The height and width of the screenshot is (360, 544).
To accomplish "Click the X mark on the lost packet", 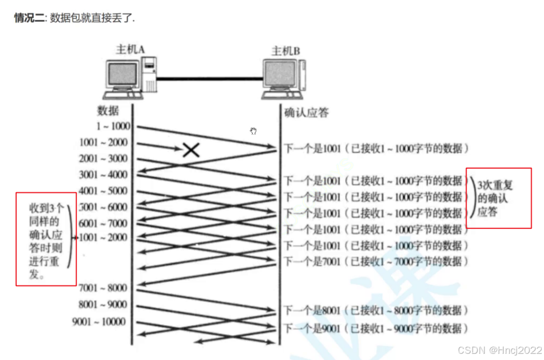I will pyautogui.click(x=192, y=149).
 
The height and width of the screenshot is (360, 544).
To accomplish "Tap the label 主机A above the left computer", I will pyautogui.click(x=131, y=50).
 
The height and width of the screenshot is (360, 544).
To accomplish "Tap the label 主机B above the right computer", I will pyautogui.click(x=285, y=51).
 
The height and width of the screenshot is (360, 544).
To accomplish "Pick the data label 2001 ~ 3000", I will pyautogui.click(x=104, y=159).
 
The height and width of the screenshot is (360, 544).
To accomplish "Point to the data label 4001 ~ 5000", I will pyautogui.click(x=104, y=191).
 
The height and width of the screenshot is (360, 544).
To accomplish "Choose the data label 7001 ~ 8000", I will pyautogui.click(x=104, y=288).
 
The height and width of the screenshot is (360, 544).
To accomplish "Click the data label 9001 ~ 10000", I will pyautogui.click(x=99, y=322).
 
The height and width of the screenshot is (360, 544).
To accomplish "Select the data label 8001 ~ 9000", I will pyautogui.click(x=104, y=304).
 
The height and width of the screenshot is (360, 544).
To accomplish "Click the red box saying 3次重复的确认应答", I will pyautogui.click(x=499, y=198).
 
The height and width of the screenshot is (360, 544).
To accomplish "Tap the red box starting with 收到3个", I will pyautogui.click(x=46, y=239).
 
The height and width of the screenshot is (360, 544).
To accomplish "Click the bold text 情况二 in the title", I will pyautogui.click(x=29, y=18).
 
